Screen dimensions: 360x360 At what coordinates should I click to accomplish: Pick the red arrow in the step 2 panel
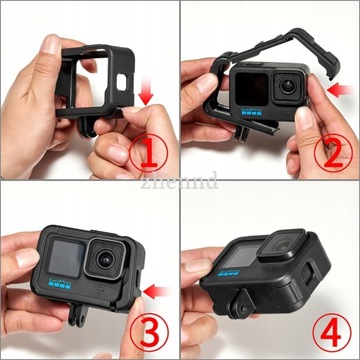click(337, 91)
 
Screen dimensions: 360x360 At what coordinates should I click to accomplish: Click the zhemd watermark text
click(179, 182)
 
